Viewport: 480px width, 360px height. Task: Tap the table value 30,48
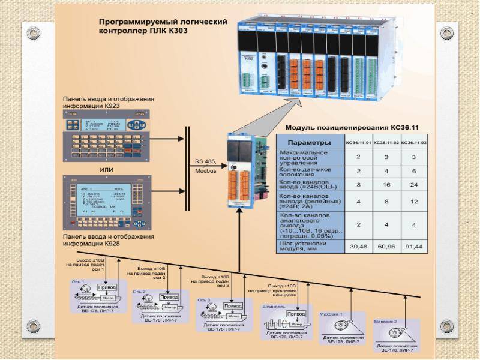pyautogui.click(x=358, y=246)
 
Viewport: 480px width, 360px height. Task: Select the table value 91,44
pyautogui.click(x=413, y=246)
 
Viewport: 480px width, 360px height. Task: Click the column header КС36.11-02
pyautogui.click(x=385, y=143)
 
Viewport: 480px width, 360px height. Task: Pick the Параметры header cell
pyautogui.click(x=309, y=143)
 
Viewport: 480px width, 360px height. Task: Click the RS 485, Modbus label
pyautogui.click(x=206, y=166)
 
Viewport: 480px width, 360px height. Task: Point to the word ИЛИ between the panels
pyautogui.click(x=107, y=170)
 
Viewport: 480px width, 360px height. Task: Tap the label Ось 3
pyautogui.click(x=204, y=300)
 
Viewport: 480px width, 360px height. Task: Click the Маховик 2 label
pyautogui.click(x=385, y=322)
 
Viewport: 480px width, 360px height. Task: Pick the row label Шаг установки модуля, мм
pyautogui.click(x=309, y=246)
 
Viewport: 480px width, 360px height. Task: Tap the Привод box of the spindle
pyautogui.click(x=295, y=314)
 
